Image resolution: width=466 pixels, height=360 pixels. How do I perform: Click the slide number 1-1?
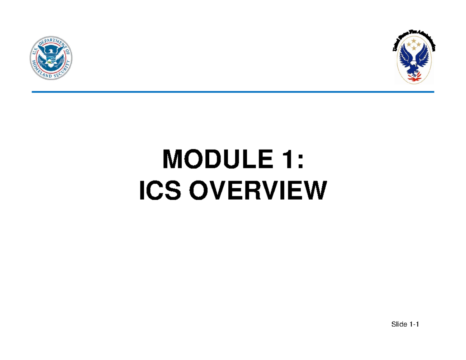[x=413, y=324]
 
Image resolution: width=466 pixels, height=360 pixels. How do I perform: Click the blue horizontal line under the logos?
[x=233, y=92]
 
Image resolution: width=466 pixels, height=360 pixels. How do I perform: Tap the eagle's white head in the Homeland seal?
[x=51, y=51]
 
